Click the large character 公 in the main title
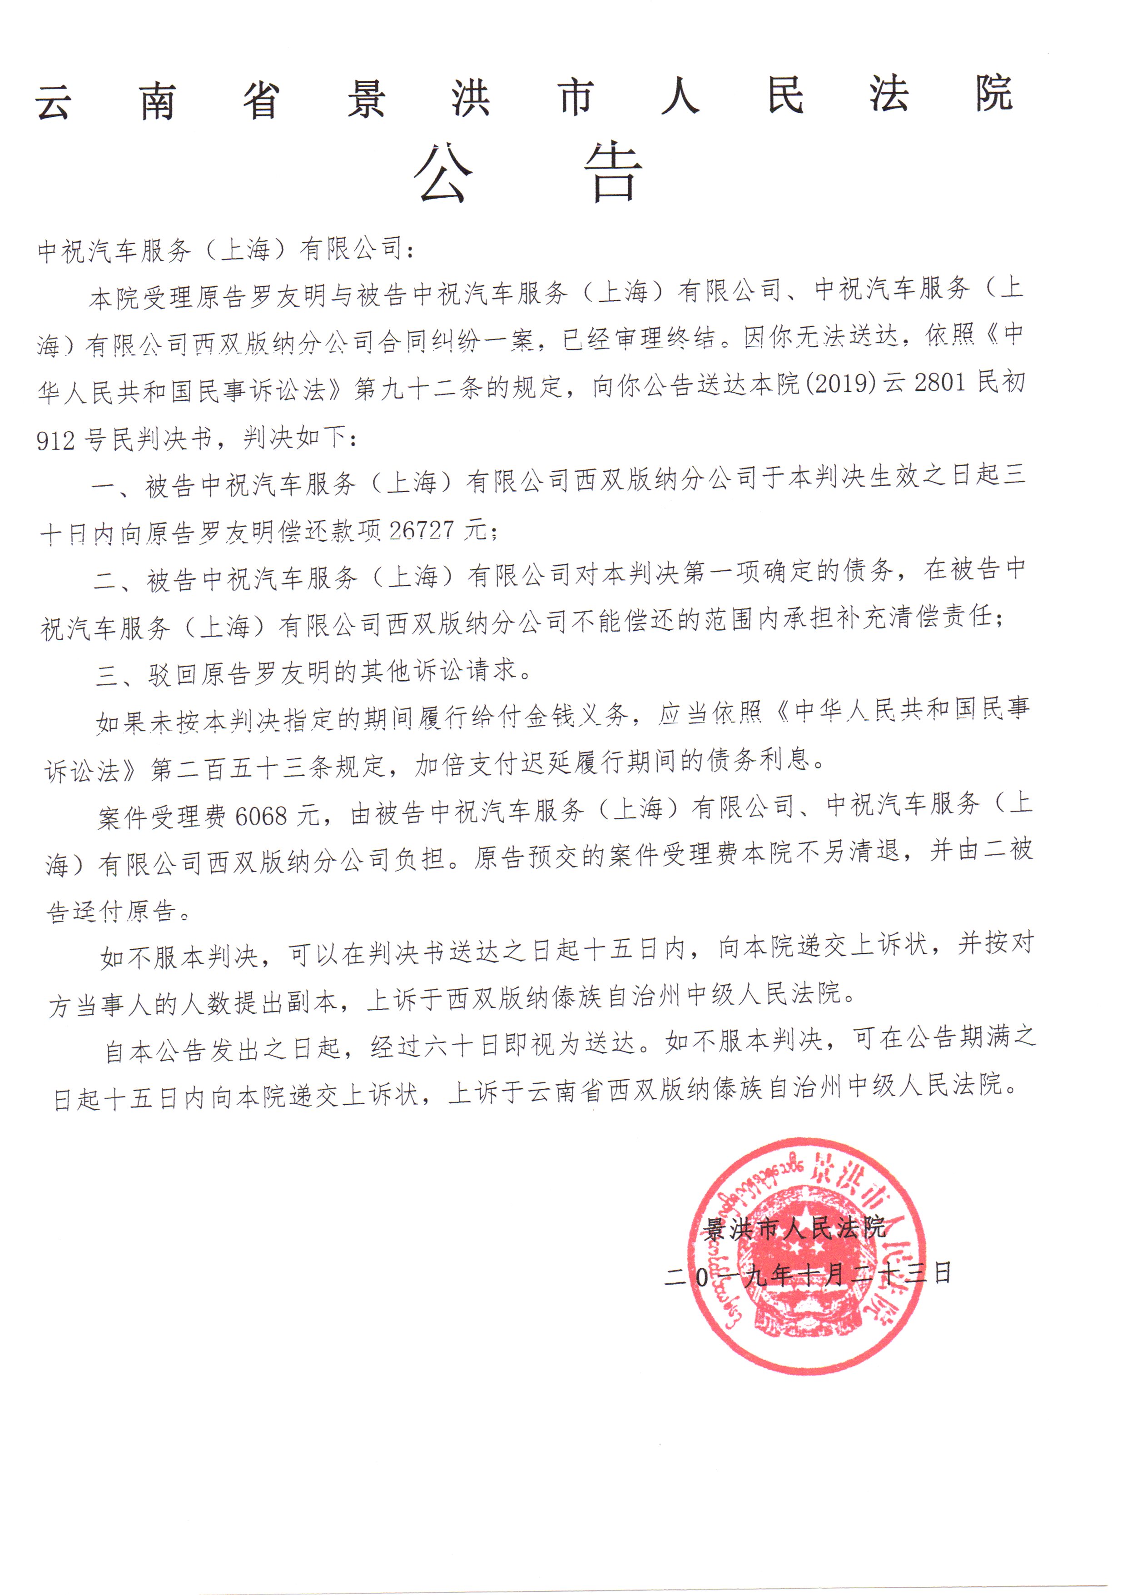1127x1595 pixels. (443, 174)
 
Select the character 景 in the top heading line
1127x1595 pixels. (367, 100)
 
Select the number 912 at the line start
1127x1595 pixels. (55, 440)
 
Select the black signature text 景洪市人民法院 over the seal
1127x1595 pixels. (794, 1228)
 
